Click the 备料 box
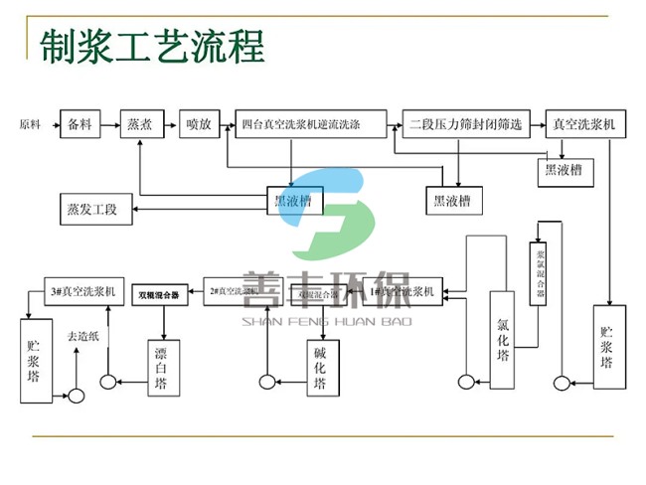[80, 125]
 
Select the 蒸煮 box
[140, 125]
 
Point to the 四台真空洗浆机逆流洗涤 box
[314, 125]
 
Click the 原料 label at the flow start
[30, 125]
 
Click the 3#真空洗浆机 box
[82, 293]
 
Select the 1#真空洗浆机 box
[402, 293]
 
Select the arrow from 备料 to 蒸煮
[110, 125]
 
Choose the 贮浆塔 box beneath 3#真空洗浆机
[35, 359]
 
